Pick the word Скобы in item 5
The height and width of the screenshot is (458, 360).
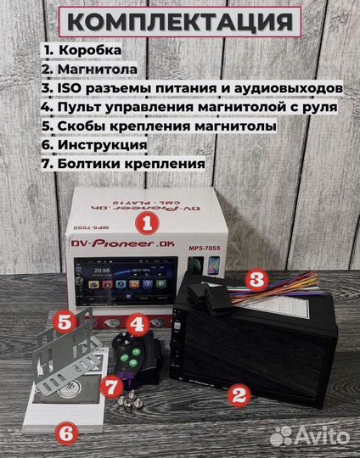[80, 126]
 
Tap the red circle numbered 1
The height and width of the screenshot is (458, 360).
[147, 224]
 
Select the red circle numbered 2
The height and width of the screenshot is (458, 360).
[240, 394]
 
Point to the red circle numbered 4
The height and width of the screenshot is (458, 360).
[138, 324]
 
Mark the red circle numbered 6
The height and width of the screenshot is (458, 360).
[68, 432]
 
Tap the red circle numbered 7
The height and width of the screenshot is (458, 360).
[110, 387]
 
